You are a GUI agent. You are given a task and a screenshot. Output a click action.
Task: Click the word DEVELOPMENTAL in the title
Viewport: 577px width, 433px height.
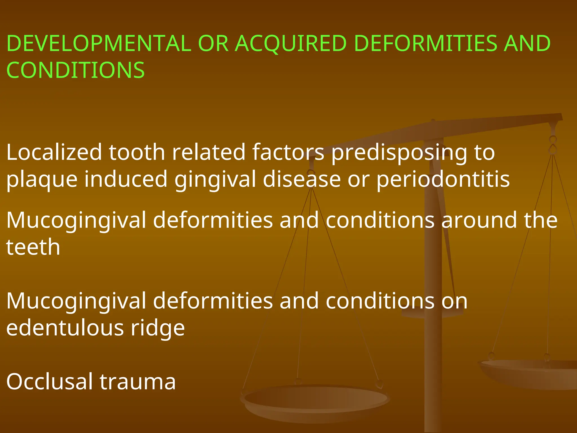click(99, 43)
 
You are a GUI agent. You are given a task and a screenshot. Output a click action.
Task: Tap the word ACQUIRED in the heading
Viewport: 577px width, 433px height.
click(290, 43)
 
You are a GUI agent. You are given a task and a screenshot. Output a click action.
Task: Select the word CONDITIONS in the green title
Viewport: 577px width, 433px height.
click(76, 70)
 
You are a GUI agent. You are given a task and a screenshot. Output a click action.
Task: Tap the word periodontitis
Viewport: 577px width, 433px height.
click(443, 180)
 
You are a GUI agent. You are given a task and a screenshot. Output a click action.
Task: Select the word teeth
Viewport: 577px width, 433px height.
click(33, 247)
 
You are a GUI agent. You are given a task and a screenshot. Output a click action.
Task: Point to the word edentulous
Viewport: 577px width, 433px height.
click(65, 328)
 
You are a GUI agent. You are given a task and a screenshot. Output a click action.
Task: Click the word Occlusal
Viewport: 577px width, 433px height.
click(49, 382)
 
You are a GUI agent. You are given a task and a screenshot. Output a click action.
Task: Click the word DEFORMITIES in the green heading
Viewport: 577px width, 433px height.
click(425, 43)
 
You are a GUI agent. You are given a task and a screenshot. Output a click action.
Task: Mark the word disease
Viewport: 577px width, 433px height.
click(302, 180)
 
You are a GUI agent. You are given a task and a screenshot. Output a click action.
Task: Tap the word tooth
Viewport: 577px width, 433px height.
click(137, 152)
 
